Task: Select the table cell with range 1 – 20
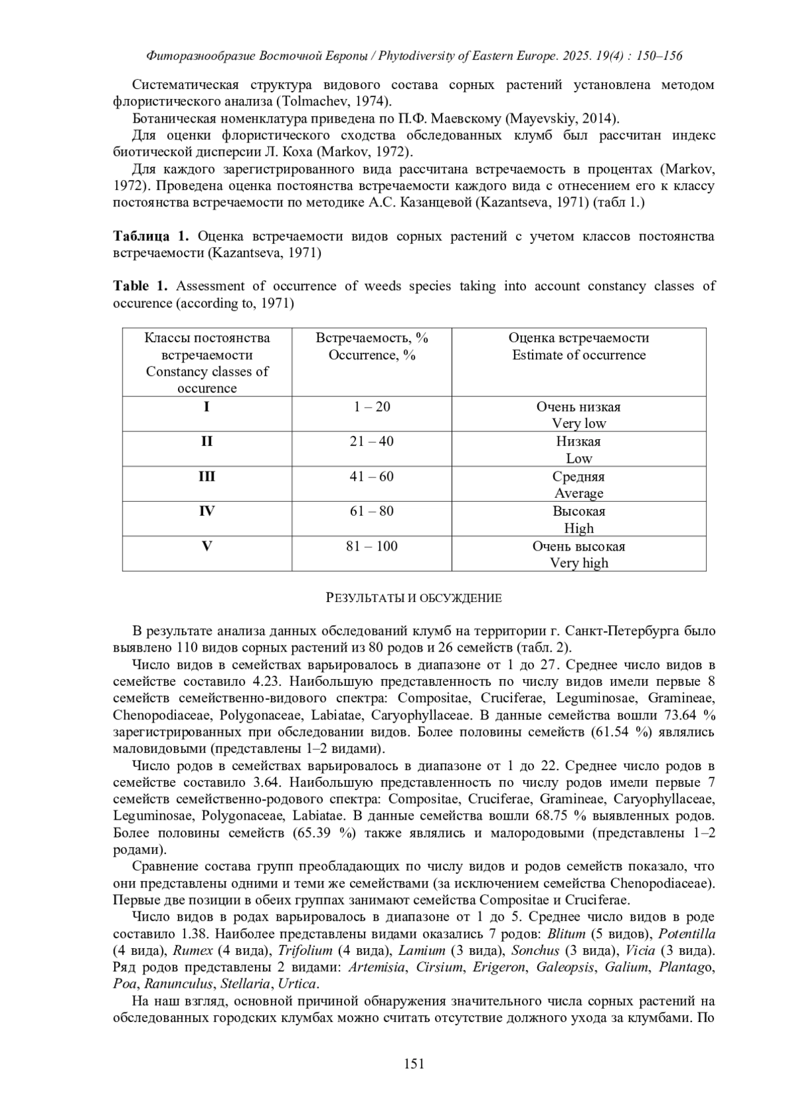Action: click(x=372, y=407)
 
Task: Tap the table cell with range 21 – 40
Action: click(x=372, y=441)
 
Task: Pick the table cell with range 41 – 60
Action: click(x=372, y=476)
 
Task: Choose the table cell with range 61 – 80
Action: click(x=372, y=511)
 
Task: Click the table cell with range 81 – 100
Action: click(x=372, y=546)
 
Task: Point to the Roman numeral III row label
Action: click(x=206, y=476)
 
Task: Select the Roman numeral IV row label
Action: click(x=206, y=511)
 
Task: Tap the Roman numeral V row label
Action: click(x=206, y=546)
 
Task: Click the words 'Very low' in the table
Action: click(x=579, y=423)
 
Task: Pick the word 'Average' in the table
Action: click(x=579, y=493)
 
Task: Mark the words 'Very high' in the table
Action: click(x=579, y=563)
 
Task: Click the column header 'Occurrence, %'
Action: click(x=372, y=355)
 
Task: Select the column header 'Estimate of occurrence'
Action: click(x=579, y=355)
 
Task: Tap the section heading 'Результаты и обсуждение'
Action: click(x=414, y=598)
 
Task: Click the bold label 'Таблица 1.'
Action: click(x=151, y=236)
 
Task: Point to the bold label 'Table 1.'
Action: click(x=140, y=286)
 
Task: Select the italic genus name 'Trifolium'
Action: click(x=305, y=950)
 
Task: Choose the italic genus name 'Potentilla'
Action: click(x=687, y=934)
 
